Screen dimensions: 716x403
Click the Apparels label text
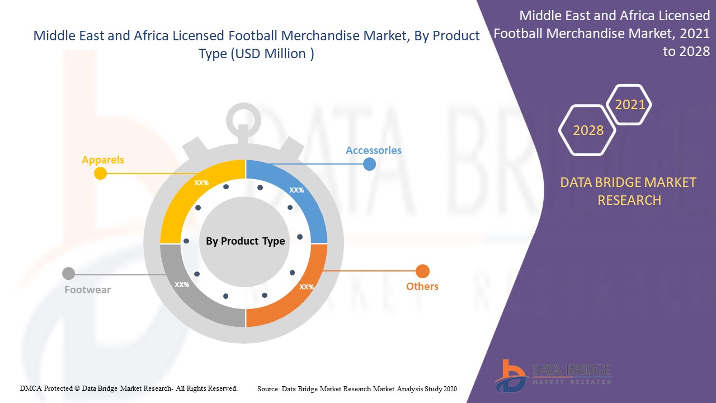tap(103, 160)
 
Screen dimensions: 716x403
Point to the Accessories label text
tap(373, 151)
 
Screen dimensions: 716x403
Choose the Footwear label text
tap(88, 290)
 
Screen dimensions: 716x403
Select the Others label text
tap(422, 286)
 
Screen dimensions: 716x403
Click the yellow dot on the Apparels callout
tap(100, 173)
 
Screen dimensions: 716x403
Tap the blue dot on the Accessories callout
tap(369, 165)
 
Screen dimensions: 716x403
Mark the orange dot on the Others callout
tap(422, 271)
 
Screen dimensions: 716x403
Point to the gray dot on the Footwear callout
tap(68, 274)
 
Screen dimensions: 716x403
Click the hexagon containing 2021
tap(629, 86)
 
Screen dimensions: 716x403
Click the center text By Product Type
tap(245, 241)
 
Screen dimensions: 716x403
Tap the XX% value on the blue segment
tap(296, 190)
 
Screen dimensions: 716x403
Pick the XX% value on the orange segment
tap(306, 287)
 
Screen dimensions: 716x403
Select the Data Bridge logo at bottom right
tap(553, 376)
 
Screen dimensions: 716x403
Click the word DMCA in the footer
tap(31, 388)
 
